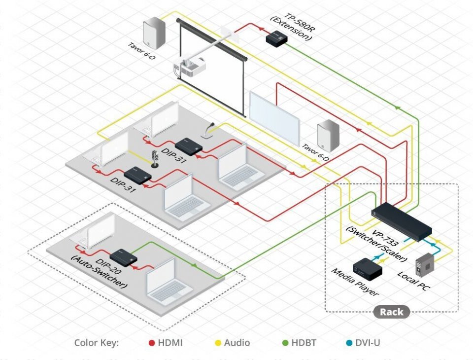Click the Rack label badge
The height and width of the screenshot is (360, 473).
[392, 312]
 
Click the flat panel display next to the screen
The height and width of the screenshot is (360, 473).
[274, 116]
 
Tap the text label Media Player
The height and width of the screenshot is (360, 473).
[355, 283]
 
